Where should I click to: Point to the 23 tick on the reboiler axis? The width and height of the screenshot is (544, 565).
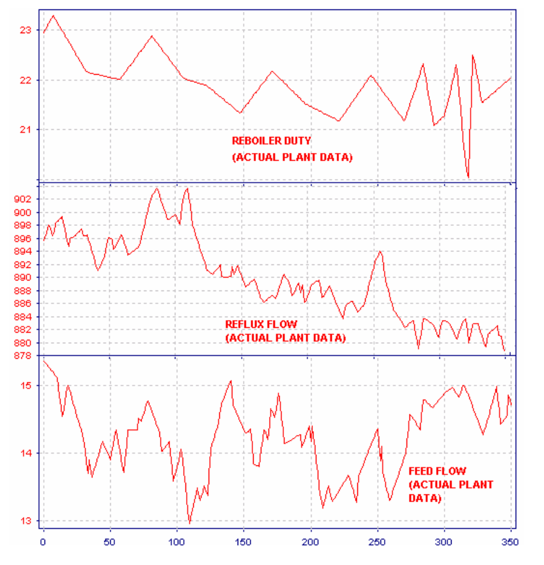25,30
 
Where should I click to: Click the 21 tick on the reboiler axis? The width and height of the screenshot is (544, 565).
25,129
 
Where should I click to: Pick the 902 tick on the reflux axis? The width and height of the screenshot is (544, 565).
23,199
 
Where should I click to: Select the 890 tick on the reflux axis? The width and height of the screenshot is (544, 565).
23,277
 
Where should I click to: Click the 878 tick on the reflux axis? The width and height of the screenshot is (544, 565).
23,356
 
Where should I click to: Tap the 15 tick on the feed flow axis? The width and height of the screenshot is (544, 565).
26,385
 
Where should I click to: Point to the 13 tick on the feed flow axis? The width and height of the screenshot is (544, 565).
26,521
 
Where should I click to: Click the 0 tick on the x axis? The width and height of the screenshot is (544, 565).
43,542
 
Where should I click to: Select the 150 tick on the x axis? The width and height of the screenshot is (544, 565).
243,542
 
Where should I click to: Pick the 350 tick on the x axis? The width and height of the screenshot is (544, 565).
510,542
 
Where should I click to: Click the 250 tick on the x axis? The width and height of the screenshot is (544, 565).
377,542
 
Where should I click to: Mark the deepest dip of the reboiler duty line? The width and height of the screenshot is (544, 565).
468,177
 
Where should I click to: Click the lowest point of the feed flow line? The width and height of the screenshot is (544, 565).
190,523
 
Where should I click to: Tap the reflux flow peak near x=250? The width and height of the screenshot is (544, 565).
380,251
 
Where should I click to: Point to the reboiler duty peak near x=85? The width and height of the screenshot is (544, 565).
152,36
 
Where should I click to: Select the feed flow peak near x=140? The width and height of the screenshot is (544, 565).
231,381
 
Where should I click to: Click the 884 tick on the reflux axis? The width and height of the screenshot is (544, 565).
23,317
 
